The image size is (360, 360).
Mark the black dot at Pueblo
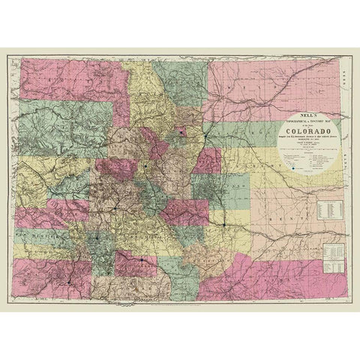click(224, 223)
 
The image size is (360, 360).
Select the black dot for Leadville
click(145, 164)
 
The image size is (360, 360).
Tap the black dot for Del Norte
click(142, 259)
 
